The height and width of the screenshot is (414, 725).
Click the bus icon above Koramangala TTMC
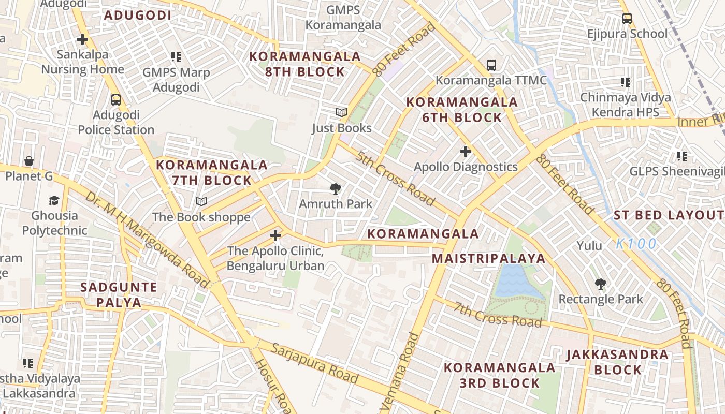[491, 65]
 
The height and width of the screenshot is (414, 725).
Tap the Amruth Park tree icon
[336, 189]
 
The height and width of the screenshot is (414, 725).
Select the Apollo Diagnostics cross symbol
[466, 152]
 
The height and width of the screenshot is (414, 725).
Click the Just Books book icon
[341, 113]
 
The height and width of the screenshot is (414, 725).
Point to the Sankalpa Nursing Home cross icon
[82, 39]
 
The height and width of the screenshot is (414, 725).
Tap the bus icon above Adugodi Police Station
[116, 99]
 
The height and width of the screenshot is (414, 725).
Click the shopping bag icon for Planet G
[29, 161]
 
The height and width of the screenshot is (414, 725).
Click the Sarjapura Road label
[314, 364]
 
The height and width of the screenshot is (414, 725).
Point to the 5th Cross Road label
[394, 178]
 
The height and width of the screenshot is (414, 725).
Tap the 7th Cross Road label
[498, 314]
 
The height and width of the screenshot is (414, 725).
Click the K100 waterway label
[636, 244]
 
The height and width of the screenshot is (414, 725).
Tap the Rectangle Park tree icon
[601, 284]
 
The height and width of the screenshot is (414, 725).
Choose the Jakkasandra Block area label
[617, 362]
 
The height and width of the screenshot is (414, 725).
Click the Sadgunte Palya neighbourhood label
[119, 295]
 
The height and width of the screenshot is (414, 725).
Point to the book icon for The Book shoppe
[201, 202]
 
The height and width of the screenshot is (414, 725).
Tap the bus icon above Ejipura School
[627, 19]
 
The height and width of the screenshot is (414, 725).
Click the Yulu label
[590, 246]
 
